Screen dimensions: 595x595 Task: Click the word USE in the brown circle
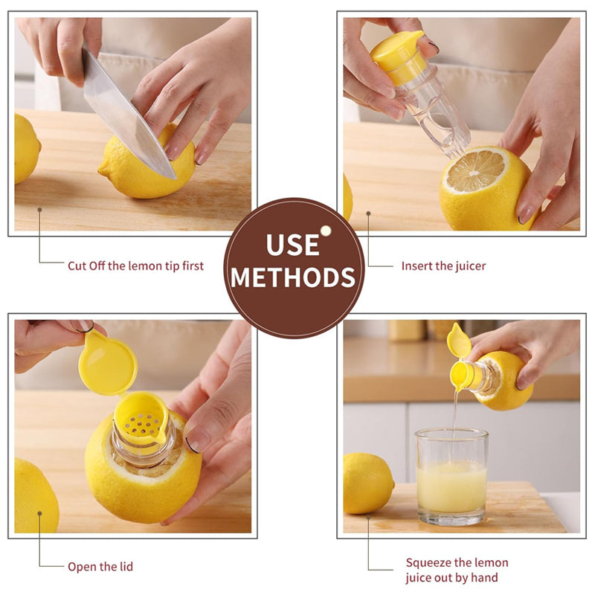292,245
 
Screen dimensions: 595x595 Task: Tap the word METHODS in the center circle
293,277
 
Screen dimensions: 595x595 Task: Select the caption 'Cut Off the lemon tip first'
135,266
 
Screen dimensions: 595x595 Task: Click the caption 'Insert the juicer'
443,266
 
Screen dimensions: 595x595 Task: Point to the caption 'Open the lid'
100,567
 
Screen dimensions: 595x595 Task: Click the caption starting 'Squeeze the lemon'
457,570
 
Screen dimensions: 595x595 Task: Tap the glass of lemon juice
451,476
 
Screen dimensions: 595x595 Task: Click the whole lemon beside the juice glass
367,483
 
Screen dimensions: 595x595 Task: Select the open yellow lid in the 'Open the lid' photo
107,362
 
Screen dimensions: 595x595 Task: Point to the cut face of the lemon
475,171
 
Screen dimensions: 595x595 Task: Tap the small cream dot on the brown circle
326,231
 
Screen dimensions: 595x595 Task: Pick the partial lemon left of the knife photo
27,149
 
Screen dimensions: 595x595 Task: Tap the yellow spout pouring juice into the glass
460,374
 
